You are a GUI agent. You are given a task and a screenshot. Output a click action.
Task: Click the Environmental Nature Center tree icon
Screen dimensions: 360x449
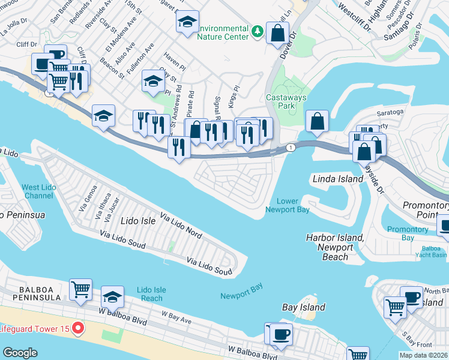coord(258,31)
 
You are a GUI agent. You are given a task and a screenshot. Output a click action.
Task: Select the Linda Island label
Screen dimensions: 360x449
coord(338,179)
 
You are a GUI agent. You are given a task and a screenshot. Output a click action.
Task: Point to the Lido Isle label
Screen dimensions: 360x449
coord(138,221)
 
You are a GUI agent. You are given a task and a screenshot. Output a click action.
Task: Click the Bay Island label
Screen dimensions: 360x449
coord(304,307)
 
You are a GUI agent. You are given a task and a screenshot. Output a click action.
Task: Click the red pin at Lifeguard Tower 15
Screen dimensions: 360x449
coord(77,328)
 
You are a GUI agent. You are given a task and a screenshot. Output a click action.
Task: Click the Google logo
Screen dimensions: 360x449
coord(20,353)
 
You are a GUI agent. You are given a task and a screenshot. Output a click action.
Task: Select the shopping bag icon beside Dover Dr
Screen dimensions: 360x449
coord(278,34)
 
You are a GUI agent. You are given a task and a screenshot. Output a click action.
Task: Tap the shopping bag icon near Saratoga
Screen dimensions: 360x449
coord(317,121)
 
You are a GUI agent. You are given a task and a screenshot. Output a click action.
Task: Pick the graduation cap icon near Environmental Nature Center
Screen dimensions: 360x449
coord(187,22)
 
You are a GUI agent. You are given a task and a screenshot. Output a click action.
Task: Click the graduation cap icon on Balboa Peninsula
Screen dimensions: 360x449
coord(112,296)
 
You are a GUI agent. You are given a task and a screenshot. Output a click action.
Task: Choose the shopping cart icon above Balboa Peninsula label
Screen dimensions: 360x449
coord(80,289)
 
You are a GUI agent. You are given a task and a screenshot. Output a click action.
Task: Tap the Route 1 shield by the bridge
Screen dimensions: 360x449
coord(291,147)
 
